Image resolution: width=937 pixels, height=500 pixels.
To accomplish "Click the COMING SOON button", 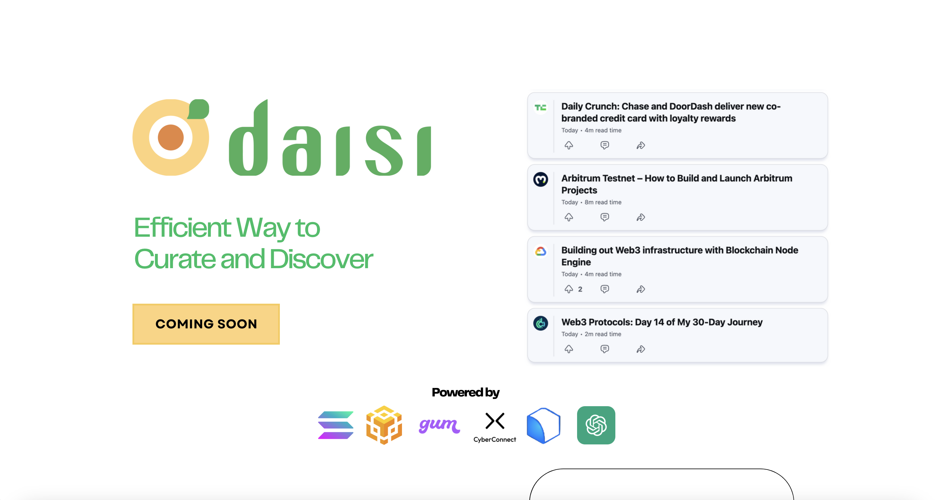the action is point(206,324).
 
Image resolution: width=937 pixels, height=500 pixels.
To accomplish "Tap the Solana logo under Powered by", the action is point(335,425).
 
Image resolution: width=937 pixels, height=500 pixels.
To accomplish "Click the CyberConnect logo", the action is point(495,427).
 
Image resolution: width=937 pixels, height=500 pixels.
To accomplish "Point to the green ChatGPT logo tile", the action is point(596,425).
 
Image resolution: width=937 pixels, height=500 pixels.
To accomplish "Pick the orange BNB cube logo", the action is point(384,425).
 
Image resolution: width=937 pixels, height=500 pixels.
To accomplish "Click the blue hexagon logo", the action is point(543,425).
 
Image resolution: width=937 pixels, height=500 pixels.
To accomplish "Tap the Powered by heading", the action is point(466,392).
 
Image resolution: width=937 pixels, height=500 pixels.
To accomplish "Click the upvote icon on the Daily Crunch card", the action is point(569,145).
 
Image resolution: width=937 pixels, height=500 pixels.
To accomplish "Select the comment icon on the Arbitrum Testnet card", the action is point(604,217).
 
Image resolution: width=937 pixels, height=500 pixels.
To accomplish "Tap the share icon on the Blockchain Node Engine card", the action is point(641,289).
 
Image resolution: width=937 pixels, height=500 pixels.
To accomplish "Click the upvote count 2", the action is point(580,289).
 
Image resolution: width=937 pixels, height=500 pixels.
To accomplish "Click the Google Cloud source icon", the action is point(540,251).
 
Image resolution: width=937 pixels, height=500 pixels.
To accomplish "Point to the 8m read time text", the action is point(603,202).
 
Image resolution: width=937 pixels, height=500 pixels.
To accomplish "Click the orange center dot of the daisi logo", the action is point(170,137).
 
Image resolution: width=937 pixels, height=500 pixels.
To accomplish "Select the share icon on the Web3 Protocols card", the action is point(641,349).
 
